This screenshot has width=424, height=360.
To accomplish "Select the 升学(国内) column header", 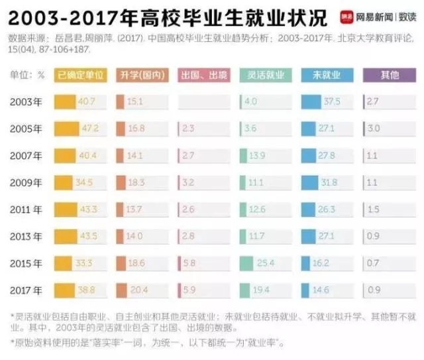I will pyautogui.click(x=141, y=76).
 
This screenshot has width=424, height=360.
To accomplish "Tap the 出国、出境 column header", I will pyautogui.click(x=203, y=76).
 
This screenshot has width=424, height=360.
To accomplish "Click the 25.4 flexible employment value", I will pyautogui.click(x=266, y=263).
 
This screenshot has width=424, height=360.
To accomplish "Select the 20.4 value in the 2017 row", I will pyautogui.click(x=139, y=290).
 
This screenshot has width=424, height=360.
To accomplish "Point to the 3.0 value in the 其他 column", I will pyautogui.click(x=373, y=128).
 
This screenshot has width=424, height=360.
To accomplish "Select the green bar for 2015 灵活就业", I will pyautogui.click(x=246, y=263).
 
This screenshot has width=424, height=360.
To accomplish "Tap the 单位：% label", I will pyautogui.click(x=27, y=76).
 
